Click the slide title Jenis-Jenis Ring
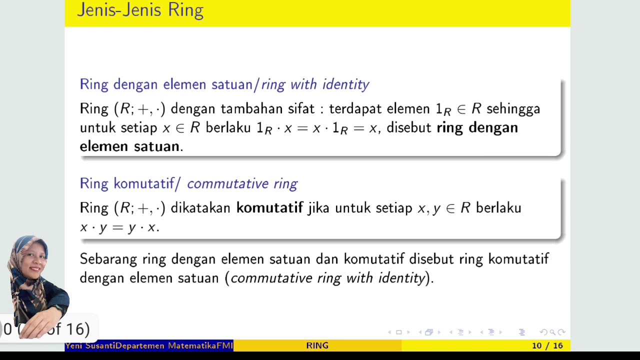(x=140, y=10)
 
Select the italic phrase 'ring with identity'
(x=315, y=84)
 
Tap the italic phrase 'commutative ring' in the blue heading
(x=242, y=184)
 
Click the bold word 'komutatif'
(x=269, y=208)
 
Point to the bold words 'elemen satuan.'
(x=131, y=146)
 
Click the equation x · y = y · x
(x=119, y=227)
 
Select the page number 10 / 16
(x=547, y=345)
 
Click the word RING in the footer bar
(x=317, y=345)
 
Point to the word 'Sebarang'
(x=108, y=259)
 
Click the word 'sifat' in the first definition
(x=301, y=109)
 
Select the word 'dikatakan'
(x=200, y=208)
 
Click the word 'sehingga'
(x=513, y=109)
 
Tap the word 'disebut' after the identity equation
(x=409, y=128)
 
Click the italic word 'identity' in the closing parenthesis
(x=401, y=278)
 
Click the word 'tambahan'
(x=251, y=109)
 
